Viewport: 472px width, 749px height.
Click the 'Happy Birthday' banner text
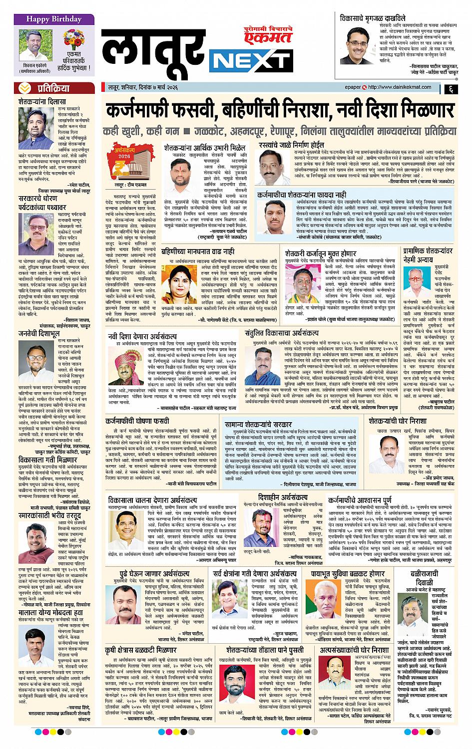[47, 19]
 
